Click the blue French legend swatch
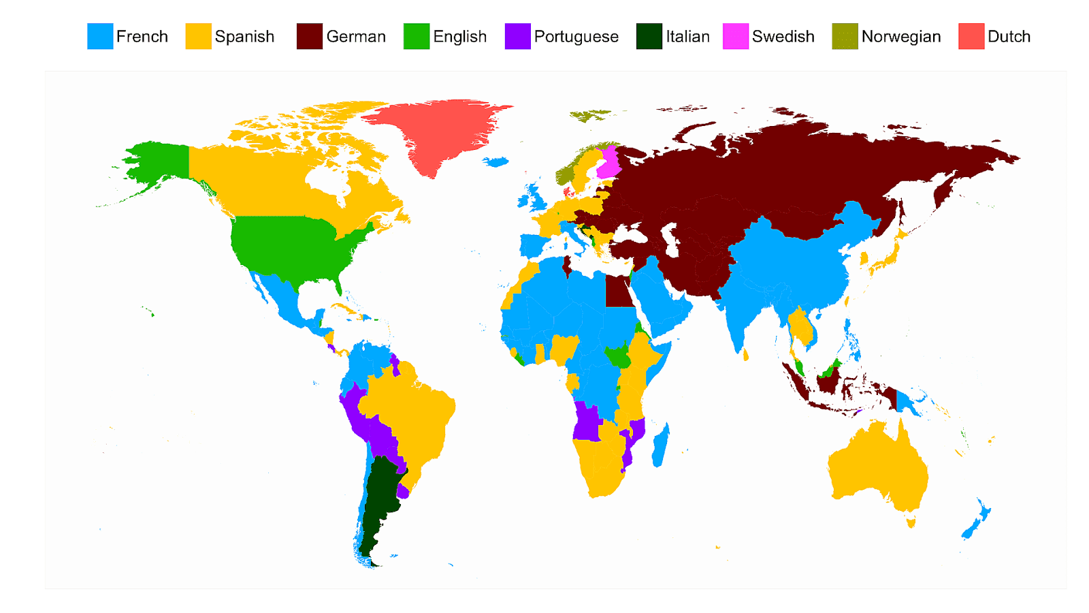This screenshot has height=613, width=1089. coord(100,37)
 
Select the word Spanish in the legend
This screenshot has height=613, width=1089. coord(244,37)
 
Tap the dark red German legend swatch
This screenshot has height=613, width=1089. coord(309,37)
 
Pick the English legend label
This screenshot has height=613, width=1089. coord(459,37)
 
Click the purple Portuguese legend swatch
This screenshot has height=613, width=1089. coord(517,37)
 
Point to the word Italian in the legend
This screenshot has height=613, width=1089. coord(687,37)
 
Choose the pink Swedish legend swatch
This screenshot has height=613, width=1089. coord(736,37)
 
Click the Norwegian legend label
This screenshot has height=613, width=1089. coord(900,37)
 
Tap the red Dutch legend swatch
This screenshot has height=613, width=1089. coord(971,37)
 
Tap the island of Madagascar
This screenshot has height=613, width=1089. coord(660,446)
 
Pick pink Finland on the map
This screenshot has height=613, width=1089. coord(610,163)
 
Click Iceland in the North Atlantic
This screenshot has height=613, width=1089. coord(496,162)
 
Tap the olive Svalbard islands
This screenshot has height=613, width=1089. coord(589,115)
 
